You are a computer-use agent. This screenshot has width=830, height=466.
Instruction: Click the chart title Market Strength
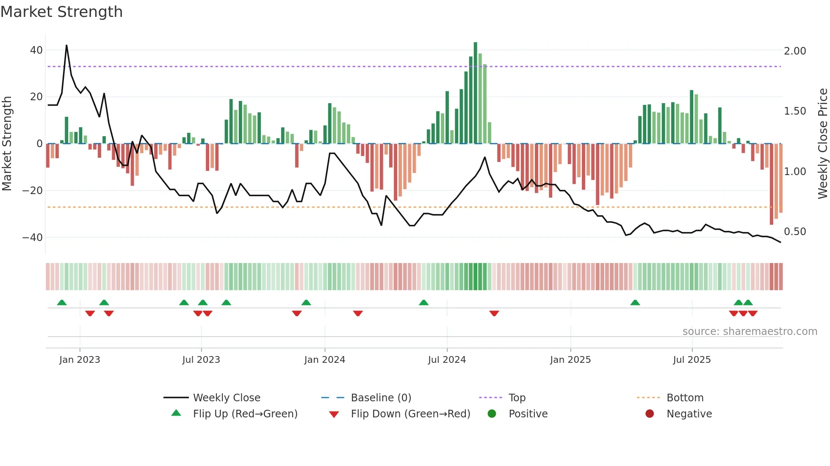click(x=62, y=12)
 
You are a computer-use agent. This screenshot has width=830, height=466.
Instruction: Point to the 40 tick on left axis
click(x=36, y=50)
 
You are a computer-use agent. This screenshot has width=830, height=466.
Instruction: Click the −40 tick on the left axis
click(x=33, y=238)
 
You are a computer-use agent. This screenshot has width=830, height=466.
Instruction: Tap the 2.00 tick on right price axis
click(x=795, y=51)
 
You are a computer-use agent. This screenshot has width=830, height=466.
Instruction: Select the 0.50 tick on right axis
click(x=795, y=232)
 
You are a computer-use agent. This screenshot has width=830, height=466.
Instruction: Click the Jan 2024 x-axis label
click(x=324, y=360)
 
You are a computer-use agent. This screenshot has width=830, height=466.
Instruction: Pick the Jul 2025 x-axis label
click(x=692, y=360)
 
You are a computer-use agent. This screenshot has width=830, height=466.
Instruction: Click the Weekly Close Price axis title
click(x=822, y=143)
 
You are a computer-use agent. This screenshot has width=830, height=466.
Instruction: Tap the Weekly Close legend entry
click(x=227, y=398)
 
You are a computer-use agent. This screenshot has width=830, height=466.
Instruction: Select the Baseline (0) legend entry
click(x=381, y=398)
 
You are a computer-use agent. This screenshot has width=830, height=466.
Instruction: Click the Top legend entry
click(x=517, y=398)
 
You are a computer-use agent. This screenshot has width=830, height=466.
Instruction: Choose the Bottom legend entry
click(x=685, y=398)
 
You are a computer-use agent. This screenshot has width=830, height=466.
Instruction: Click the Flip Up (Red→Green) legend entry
click(x=245, y=414)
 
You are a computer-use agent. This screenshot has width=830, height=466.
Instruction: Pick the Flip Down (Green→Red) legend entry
click(x=410, y=414)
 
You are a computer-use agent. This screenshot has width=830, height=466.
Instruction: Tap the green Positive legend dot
click(x=492, y=414)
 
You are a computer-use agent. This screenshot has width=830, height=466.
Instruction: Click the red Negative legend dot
click(x=650, y=414)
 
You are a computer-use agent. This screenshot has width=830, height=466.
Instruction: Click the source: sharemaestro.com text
click(x=750, y=332)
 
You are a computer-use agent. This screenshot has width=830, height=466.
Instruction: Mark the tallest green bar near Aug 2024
click(x=475, y=93)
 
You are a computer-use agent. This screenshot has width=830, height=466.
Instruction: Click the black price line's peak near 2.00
click(x=66, y=46)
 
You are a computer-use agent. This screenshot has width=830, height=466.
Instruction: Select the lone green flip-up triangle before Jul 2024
click(x=423, y=302)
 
